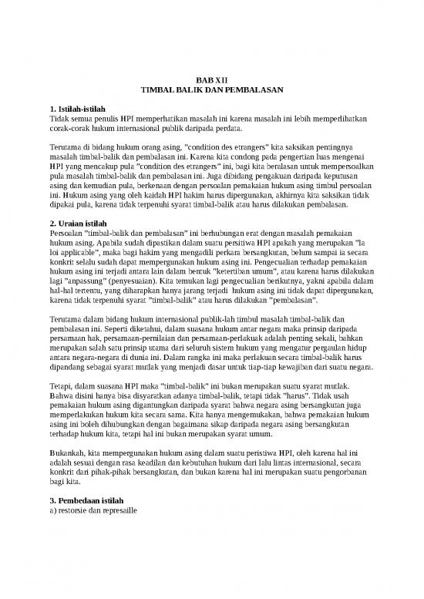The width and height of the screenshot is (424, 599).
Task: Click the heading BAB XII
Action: tap(210, 79)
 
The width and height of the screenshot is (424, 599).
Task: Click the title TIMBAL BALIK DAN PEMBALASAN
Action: tap(211, 89)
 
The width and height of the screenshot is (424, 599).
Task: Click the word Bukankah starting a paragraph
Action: tap(69, 452)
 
